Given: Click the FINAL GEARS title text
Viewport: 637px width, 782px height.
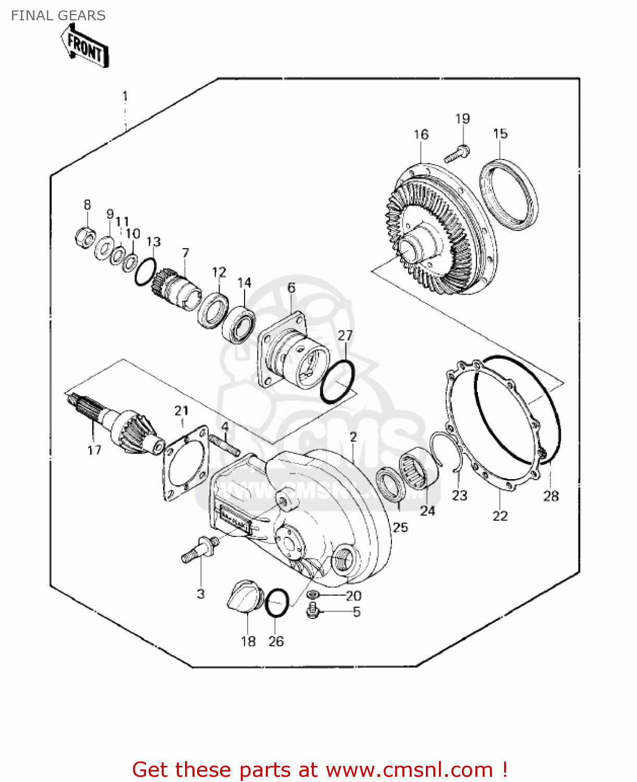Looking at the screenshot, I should coord(58,16).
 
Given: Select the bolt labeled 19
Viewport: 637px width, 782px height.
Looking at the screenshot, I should coord(457,153).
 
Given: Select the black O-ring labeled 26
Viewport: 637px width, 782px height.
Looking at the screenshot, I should coord(277,604).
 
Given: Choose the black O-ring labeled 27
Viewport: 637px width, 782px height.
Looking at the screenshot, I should coord(337,382).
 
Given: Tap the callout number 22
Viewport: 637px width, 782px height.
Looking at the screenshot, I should coord(499,516).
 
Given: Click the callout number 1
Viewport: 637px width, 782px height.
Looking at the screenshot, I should coord(125,96).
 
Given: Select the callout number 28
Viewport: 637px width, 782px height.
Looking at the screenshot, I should coord(550,496).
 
